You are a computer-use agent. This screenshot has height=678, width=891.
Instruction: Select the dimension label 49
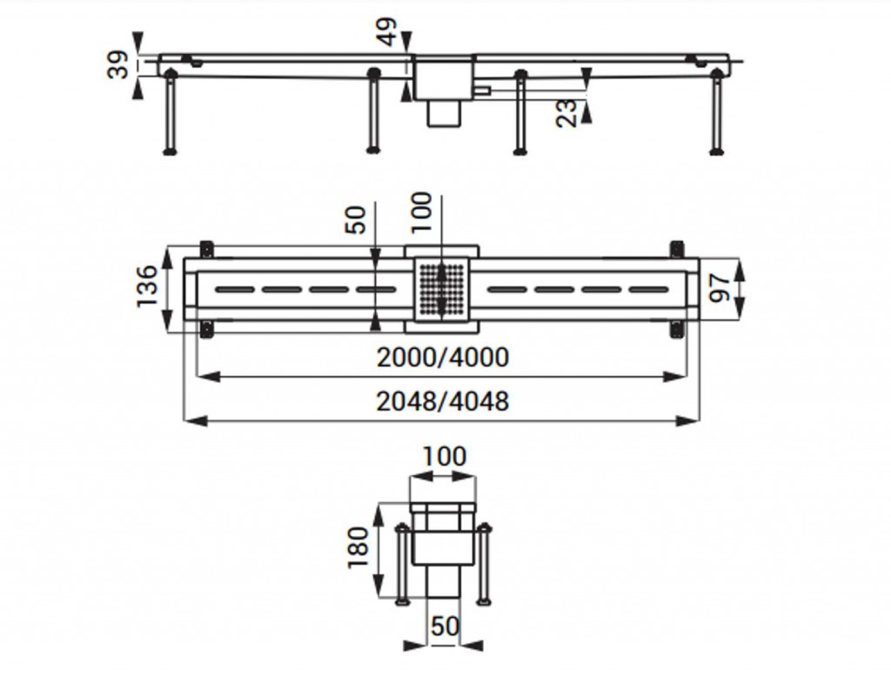pos(387,31)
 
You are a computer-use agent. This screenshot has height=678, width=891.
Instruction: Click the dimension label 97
pos(720,288)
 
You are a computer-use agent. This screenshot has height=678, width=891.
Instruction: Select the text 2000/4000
pos(443,358)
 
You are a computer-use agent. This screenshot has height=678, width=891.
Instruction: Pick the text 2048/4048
pos(443,401)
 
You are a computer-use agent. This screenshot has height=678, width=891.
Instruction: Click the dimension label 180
pos(358,547)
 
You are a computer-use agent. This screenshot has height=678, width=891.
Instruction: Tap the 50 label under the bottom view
pos(445,627)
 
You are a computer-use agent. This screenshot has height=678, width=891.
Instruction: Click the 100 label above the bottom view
pos(445,456)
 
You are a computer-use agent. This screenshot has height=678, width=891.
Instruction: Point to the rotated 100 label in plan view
pos(422,212)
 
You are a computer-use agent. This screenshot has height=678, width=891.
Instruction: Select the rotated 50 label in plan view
pos(355,219)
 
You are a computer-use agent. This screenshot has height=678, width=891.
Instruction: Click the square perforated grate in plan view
pos(442,290)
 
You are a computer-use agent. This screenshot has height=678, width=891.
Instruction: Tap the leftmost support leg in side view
pos(170,112)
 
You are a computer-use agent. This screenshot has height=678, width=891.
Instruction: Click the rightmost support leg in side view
pos(717,112)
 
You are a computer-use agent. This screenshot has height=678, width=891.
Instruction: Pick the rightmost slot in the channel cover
pos(649,290)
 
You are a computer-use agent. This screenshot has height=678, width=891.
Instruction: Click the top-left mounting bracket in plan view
pos(207,250)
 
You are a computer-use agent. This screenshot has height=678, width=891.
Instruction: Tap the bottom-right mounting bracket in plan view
pos(677,329)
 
